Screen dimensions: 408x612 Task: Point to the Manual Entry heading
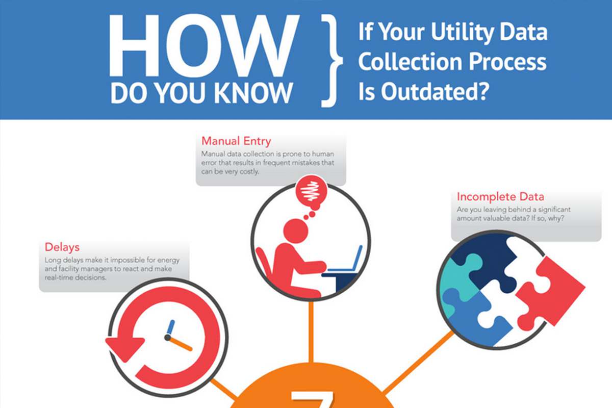pos(236,141)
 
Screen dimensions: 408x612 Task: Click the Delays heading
pos(62,247)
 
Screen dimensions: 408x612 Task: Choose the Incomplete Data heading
pos(500,196)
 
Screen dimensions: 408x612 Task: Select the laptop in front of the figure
pos(346,260)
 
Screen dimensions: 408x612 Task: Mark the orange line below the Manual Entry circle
pos(311,331)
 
